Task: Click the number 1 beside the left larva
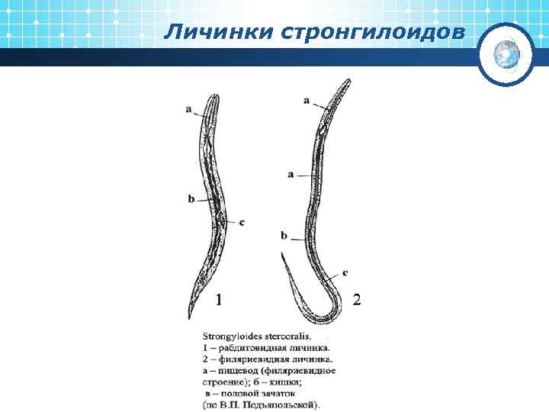pyautogui.click(x=219, y=299)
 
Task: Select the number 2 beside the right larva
pyautogui.click(x=356, y=299)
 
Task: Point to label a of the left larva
pyautogui.click(x=188, y=109)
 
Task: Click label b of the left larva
pyautogui.click(x=191, y=199)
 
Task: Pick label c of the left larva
pyautogui.click(x=242, y=222)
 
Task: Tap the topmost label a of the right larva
pyautogui.click(x=307, y=100)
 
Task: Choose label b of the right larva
pyautogui.click(x=284, y=236)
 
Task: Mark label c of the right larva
pyautogui.click(x=345, y=272)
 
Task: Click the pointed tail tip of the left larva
pyautogui.click(x=190, y=316)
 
